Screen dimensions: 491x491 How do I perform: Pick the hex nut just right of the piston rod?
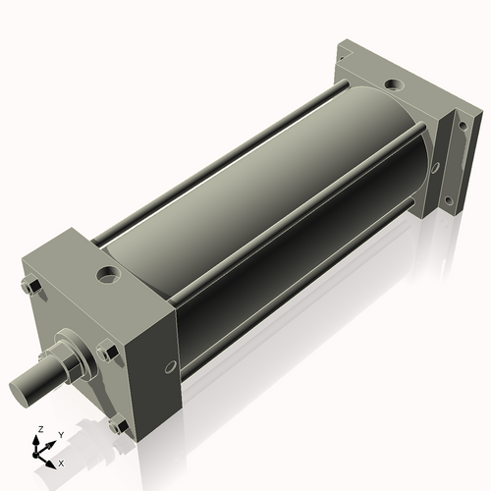107,353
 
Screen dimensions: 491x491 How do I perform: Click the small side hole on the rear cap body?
432,167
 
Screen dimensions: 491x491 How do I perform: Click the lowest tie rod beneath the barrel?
295,295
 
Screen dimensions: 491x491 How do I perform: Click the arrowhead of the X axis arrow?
52,459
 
